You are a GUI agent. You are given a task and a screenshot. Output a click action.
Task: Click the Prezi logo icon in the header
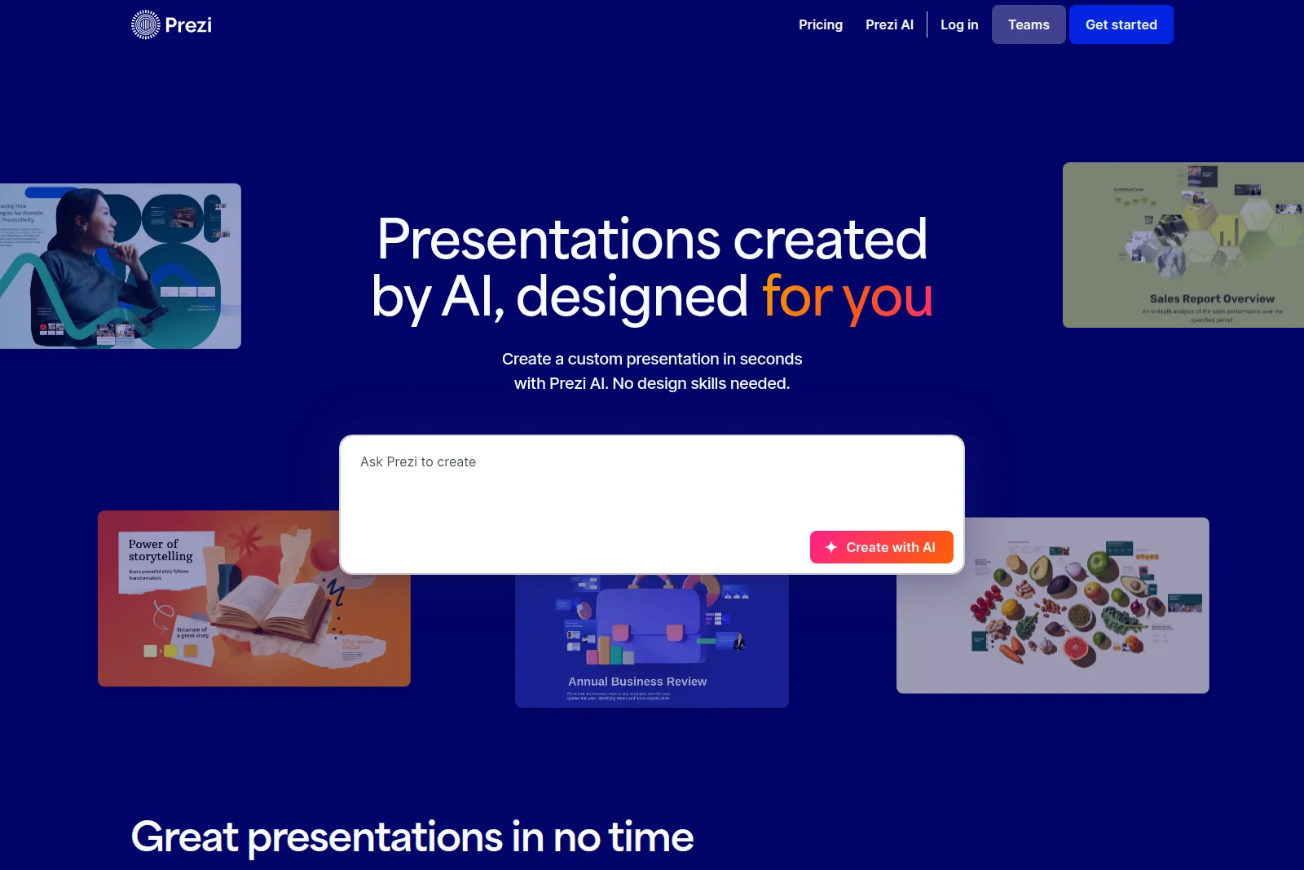point(145,24)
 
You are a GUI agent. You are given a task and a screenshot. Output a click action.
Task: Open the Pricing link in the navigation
point(820,24)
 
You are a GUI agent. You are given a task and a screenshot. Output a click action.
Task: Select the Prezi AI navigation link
point(889,24)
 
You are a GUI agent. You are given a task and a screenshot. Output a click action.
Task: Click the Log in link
point(958,24)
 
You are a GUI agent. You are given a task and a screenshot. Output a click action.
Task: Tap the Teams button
point(1028,24)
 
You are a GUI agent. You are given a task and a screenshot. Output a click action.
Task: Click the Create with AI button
point(881,547)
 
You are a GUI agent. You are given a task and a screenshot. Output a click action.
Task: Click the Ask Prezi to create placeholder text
point(418,462)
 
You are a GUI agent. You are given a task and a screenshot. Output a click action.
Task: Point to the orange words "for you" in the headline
point(847,297)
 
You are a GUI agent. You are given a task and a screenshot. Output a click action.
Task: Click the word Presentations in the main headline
point(548,240)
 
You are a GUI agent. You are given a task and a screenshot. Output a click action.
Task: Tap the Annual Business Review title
point(637,682)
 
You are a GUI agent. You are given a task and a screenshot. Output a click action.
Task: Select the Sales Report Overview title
point(1211,299)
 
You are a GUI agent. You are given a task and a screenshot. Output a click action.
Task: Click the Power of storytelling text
point(161,550)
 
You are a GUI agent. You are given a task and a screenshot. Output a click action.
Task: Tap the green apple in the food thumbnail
point(1099,563)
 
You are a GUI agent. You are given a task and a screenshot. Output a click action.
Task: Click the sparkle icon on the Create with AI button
point(831,547)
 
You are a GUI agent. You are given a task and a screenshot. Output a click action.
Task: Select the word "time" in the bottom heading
point(650,837)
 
